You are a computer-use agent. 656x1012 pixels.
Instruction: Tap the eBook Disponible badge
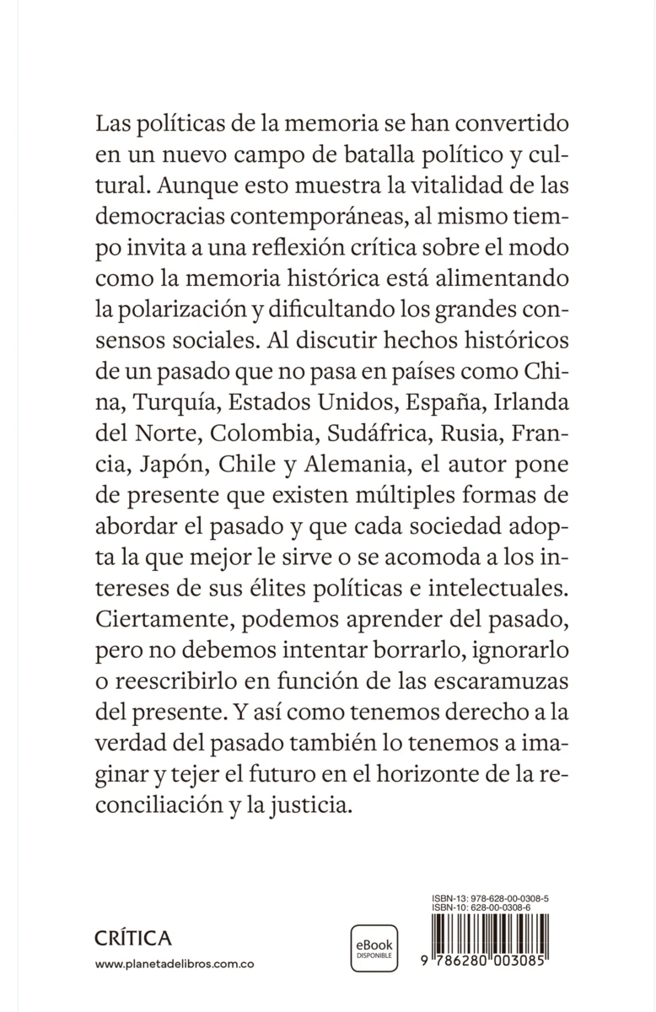point(374,948)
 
